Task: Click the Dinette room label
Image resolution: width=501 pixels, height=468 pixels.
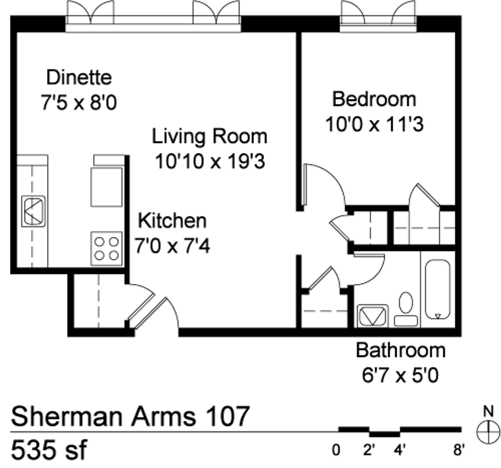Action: point(79,77)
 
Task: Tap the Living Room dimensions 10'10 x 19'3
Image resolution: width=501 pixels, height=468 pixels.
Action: point(210,161)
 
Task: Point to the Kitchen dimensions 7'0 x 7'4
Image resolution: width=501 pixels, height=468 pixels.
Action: point(172,246)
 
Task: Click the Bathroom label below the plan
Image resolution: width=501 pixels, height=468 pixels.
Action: point(401,350)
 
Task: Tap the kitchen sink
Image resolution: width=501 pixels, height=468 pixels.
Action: point(33,211)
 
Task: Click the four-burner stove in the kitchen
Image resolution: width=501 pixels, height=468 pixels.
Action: point(106,248)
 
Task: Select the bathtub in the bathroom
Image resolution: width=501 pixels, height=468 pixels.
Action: point(438,289)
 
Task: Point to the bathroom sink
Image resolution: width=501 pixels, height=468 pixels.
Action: point(372,316)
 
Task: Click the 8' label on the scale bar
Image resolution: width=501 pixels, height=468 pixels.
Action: point(458,450)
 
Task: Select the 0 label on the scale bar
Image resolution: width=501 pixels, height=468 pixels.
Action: point(336,450)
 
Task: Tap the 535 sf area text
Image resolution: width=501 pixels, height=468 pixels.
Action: point(49,449)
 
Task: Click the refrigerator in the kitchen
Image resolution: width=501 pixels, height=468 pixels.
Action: point(106,187)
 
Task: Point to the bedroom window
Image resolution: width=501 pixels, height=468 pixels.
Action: point(378,16)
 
